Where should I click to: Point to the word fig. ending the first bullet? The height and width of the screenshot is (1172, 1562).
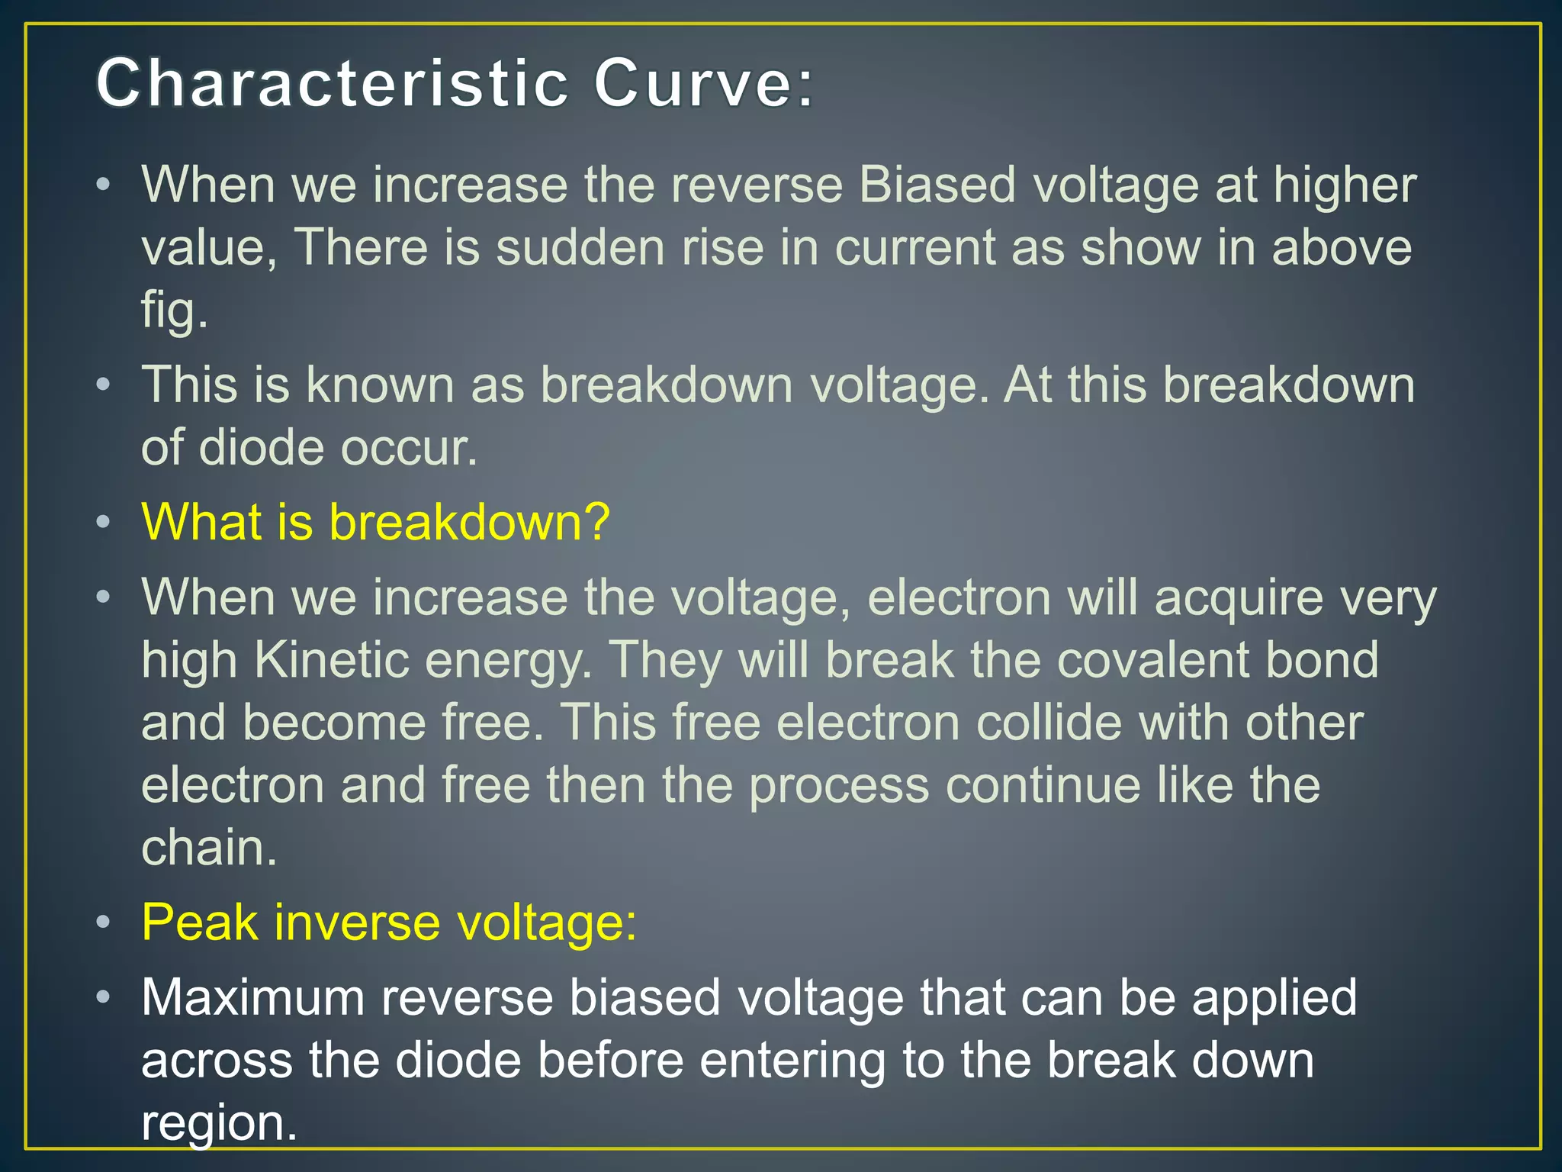point(175,311)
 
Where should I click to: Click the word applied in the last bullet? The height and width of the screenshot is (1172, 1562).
point(1274,998)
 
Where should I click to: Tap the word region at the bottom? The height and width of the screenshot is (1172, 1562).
point(218,1123)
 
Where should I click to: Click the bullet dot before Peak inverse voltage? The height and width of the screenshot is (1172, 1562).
point(104,923)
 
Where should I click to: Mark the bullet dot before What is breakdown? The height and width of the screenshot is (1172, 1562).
point(104,523)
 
